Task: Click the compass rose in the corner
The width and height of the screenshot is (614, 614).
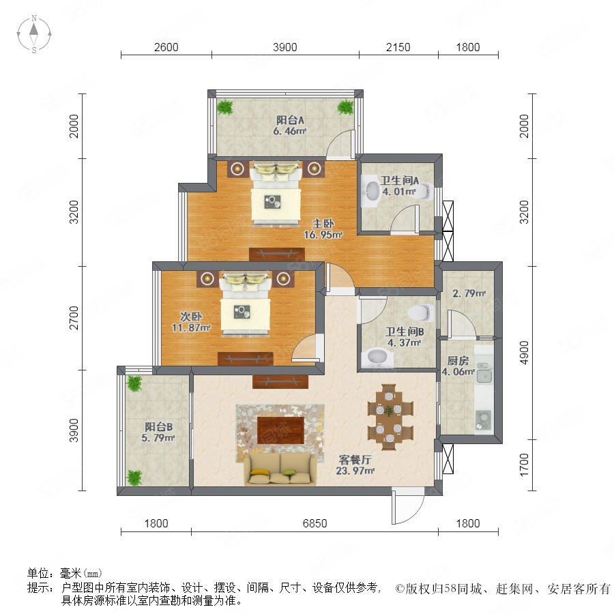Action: click(x=34, y=33)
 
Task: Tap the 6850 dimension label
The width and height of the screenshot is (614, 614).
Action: click(x=315, y=523)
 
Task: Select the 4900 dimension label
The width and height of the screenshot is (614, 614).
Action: click(x=523, y=353)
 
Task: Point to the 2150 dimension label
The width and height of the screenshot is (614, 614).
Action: click(x=398, y=47)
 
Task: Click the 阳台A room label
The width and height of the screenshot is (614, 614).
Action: click(x=290, y=120)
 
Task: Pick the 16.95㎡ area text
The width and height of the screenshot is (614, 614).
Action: click(x=323, y=235)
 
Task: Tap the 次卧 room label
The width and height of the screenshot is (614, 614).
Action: click(x=191, y=316)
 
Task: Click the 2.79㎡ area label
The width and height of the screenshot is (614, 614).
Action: click(x=469, y=293)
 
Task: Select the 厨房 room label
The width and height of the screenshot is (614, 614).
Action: click(x=458, y=360)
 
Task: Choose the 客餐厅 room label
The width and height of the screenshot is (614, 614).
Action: click(x=355, y=459)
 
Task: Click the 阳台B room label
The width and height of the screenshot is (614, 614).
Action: click(x=158, y=426)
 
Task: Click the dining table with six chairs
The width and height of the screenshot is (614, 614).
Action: click(x=390, y=417)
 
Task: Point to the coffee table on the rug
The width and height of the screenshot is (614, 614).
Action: click(x=280, y=430)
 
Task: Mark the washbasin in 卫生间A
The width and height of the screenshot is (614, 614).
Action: click(x=370, y=191)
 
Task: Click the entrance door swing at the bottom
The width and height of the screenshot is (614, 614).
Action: click(x=407, y=505)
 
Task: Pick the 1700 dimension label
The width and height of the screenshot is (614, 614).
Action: click(x=523, y=465)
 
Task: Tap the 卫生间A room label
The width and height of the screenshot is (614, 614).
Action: click(x=399, y=181)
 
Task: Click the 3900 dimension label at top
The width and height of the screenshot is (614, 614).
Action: click(x=284, y=47)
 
